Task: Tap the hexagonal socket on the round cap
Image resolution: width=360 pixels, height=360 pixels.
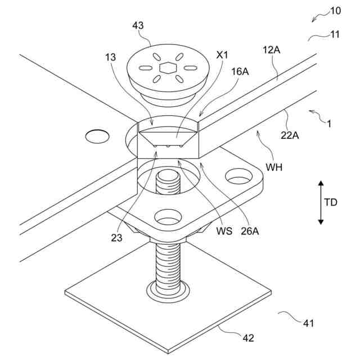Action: coord(168,68)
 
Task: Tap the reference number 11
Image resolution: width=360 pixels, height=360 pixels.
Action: coord(335,34)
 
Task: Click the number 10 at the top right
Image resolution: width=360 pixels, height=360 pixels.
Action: coord(335,11)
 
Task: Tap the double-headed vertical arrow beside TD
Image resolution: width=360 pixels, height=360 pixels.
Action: coord(321,202)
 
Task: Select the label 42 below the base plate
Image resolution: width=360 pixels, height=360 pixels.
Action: coord(248,337)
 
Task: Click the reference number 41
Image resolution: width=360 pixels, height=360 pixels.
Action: coord(308,323)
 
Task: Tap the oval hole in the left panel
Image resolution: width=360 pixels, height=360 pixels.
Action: coord(97,136)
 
